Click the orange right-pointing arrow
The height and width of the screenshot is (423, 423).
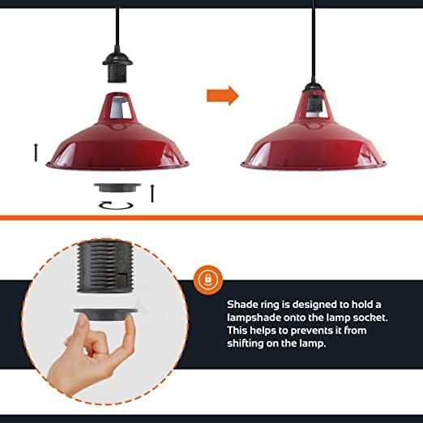coord(223,96)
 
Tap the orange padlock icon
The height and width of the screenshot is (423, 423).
coord(208,279)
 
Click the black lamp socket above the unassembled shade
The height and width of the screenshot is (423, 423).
coord(117,67)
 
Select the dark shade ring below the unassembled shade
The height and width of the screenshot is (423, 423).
coord(117,188)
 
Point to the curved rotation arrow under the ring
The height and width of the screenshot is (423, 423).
coord(116,206)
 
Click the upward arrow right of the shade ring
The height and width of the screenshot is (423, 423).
coord(152,193)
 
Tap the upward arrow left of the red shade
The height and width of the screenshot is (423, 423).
coord(36,152)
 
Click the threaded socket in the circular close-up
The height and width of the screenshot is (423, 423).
coord(105,267)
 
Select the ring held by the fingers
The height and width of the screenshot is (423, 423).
coord(105,315)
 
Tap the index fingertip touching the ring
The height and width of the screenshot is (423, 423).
coord(82,322)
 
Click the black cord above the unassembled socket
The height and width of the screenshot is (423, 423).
coord(117,30)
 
